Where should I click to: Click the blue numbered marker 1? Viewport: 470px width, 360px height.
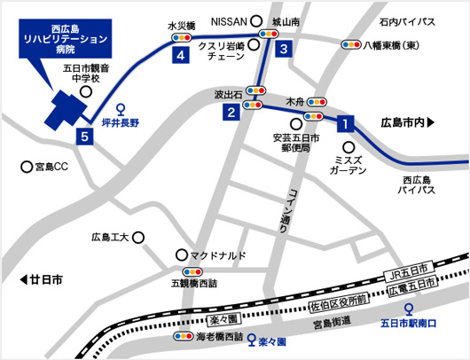[345, 124]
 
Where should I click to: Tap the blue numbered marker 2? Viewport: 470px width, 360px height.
[230, 112]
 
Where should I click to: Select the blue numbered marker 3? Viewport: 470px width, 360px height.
[283, 50]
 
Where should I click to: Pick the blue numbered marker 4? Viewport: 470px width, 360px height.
[181, 56]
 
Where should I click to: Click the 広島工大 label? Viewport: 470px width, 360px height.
[111, 238]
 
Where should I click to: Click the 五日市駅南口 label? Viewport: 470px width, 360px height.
[408, 324]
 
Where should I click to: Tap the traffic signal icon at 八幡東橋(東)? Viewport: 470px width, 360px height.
[350, 43]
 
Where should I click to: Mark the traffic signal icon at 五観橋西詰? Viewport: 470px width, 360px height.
[192, 271]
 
